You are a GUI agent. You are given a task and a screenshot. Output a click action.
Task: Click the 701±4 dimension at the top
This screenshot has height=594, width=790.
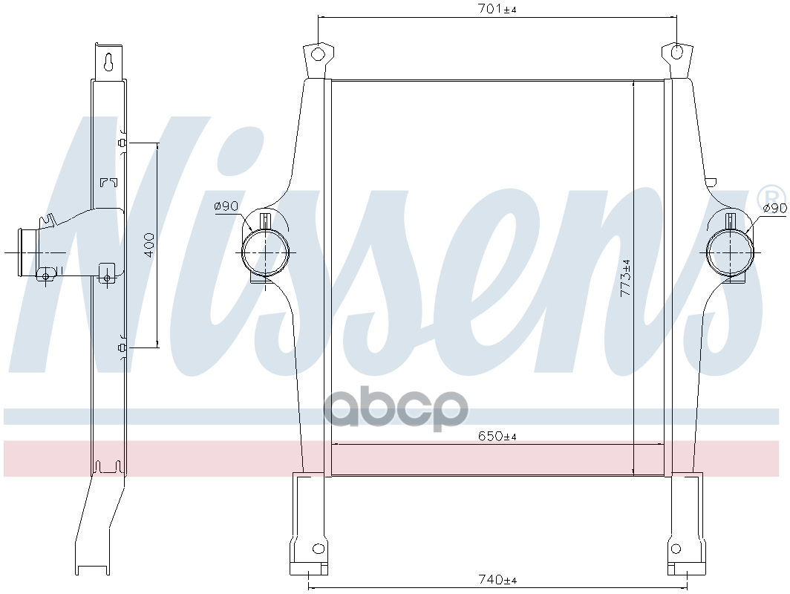(497, 9)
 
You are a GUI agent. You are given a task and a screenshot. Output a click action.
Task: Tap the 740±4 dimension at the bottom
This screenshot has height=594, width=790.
(497, 579)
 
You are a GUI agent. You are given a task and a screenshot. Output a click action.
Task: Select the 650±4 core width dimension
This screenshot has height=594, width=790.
(497, 436)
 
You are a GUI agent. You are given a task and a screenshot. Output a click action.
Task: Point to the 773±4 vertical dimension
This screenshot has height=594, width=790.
(625, 277)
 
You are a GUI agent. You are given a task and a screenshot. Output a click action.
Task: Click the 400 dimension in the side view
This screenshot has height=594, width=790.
(149, 245)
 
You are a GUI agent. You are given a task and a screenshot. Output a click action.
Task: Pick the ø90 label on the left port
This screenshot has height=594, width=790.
(226, 206)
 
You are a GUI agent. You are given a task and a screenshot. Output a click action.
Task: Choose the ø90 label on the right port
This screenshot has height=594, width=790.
(775, 208)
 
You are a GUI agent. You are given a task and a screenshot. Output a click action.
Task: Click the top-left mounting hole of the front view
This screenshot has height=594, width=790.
(318, 53)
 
